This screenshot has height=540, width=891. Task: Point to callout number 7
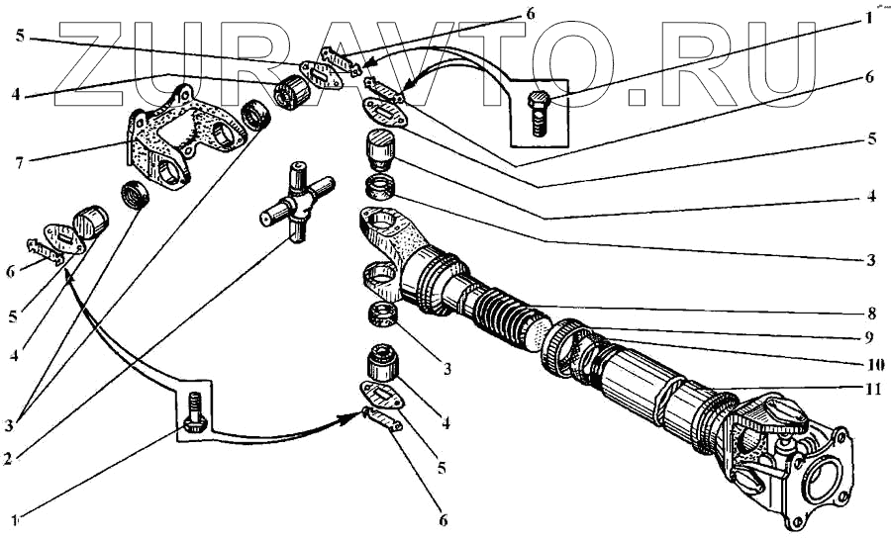point(20,163)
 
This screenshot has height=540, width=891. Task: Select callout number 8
point(872,314)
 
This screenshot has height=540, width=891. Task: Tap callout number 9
point(868,338)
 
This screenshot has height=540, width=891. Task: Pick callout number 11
point(871,389)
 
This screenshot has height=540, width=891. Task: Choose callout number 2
point(7,458)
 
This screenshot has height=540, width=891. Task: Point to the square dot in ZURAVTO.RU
point(638,97)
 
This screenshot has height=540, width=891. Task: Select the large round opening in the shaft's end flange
point(821,473)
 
